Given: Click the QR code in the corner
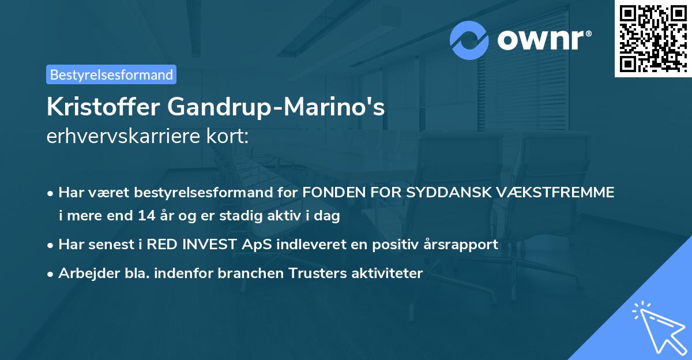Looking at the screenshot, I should pos(653,38).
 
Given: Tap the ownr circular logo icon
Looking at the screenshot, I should pos(469,40).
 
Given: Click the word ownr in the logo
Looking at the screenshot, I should pos(542,40).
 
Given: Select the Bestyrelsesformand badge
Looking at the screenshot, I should pos(111,74).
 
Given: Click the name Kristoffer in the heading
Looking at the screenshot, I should pos(103,107).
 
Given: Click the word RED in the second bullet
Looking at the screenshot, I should pos(162,244).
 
